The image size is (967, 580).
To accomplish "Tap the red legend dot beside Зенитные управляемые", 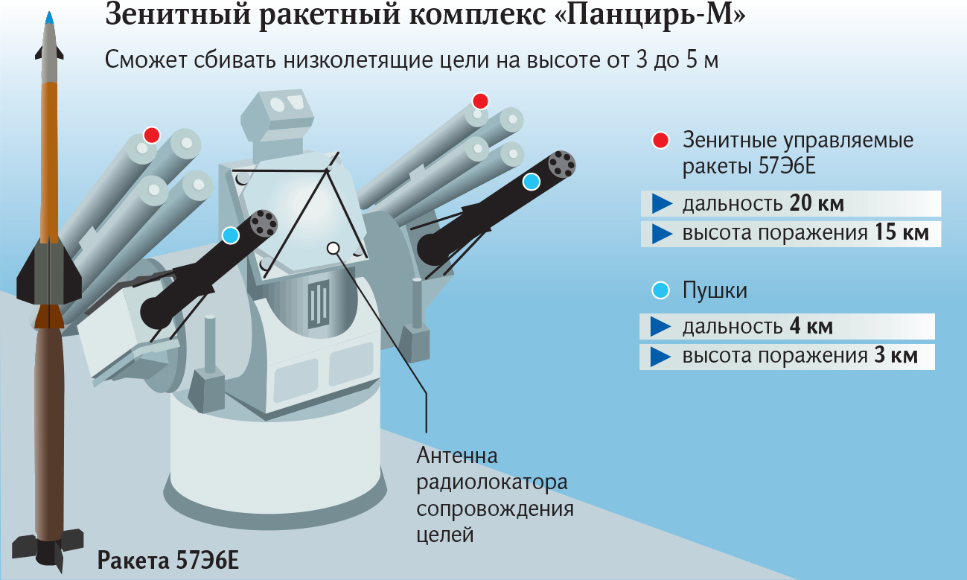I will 660,140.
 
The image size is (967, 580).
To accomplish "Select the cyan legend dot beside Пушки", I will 660,290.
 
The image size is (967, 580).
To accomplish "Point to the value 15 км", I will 901,233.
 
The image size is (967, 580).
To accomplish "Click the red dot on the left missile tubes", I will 152,135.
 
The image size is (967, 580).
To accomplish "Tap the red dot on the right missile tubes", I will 480,101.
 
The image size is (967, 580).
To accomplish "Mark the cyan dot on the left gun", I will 231,235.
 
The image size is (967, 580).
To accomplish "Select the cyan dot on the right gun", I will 531,181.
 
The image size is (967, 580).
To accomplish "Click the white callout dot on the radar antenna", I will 333,248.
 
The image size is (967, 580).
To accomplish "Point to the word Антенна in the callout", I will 456,455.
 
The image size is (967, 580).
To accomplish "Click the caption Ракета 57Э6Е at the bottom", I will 168,560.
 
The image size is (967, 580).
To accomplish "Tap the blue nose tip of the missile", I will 48,18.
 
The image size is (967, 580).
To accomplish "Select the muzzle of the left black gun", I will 264,222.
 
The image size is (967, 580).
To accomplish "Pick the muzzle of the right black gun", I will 563,164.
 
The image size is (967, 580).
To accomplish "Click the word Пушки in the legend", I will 715,290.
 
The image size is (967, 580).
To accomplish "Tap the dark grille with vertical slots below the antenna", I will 318,304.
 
